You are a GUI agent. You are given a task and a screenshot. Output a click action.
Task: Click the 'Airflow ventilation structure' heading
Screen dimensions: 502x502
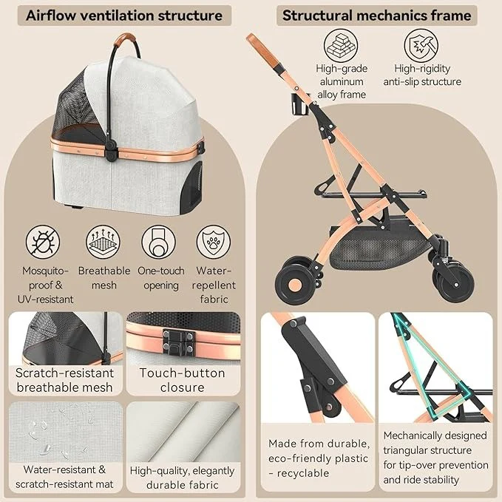[x=124, y=16]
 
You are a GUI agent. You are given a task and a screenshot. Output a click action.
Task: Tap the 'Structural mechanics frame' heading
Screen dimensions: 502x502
[x=376, y=16]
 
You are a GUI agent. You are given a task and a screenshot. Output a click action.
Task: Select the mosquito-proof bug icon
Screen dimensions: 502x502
[x=43, y=242]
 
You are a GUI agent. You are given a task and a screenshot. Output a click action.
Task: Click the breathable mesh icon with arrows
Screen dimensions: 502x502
[x=103, y=242]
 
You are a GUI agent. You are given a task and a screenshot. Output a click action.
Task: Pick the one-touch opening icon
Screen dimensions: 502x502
[x=159, y=242]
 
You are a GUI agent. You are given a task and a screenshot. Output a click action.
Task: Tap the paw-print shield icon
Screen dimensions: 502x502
[x=214, y=242]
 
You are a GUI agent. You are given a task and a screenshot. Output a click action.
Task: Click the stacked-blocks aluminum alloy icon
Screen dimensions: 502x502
[x=341, y=45]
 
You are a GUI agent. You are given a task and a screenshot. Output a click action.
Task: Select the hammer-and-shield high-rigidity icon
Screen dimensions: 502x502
[x=421, y=45]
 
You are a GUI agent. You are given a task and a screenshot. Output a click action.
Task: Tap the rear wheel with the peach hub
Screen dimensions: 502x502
[x=294, y=283]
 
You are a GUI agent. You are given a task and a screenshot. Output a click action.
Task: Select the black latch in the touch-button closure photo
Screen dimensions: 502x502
[x=179, y=342]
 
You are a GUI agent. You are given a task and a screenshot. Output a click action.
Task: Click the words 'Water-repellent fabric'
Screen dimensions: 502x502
[x=214, y=285]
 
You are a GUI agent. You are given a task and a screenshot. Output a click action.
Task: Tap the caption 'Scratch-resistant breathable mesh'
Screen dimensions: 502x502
[x=64, y=380]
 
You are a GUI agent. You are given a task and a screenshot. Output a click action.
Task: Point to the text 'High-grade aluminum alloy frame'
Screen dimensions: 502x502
[x=342, y=81]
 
